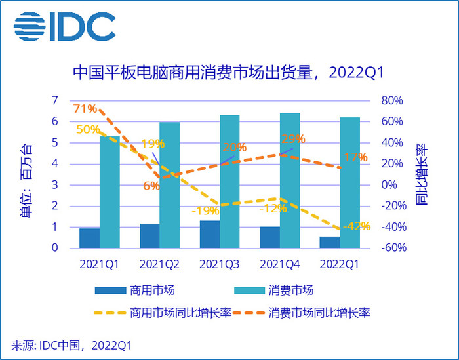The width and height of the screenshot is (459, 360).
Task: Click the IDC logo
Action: point(64,26)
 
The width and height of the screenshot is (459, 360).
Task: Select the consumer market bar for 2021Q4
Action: point(290,181)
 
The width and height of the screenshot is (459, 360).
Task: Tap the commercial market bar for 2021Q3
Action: point(209,235)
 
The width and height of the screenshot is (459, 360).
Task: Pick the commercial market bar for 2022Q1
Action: point(329,243)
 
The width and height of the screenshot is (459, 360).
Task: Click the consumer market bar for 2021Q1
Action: point(110,192)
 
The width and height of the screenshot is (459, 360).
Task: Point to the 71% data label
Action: point(85,108)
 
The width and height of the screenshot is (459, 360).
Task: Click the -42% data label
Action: point(357,226)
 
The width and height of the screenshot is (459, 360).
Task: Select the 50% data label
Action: point(88,129)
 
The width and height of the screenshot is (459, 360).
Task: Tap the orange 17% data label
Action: point(355,157)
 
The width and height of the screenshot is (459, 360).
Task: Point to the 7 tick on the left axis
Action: point(56,100)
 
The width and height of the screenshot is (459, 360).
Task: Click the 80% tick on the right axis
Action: point(391,100)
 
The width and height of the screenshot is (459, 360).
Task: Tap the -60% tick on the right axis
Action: point(391,249)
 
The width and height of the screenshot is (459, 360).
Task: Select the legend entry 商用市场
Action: point(134,290)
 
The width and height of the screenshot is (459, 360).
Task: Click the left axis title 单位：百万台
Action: point(27,176)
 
